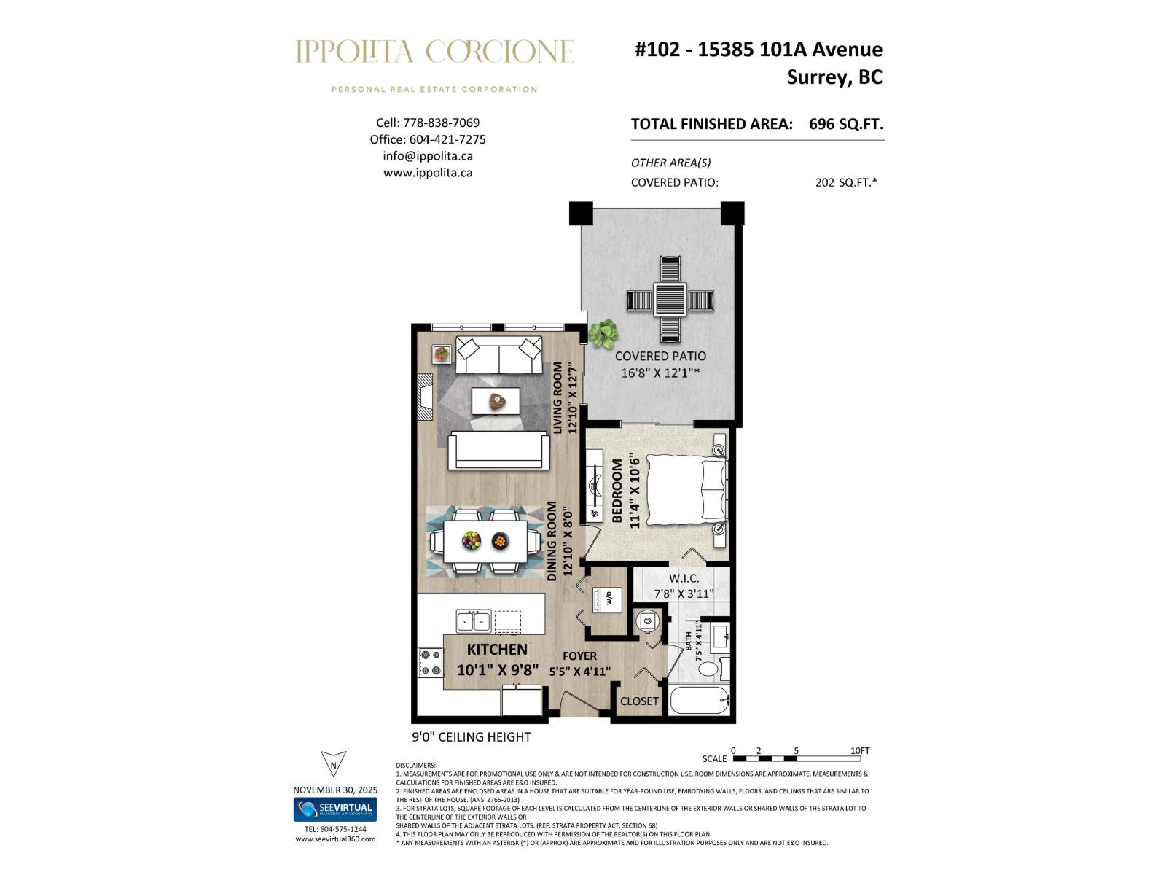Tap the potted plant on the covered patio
(x=603, y=333)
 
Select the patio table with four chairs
(x=670, y=300)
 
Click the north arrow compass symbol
(x=333, y=764)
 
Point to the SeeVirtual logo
(x=335, y=809)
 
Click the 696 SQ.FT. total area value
(x=845, y=124)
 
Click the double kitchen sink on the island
(x=474, y=621)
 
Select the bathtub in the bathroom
(x=699, y=701)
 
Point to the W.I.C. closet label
(x=684, y=578)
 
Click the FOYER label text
(x=579, y=656)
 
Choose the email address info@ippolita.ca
(x=428, y=156)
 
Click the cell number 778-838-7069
(x=441, y=122)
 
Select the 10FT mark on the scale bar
(x=859, y=751)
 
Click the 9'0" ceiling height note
(x=472, y=737)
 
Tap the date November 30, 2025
(x=335, y=790)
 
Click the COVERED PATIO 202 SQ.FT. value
(x=845, y=183)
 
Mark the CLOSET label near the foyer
(x=639, y=701)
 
